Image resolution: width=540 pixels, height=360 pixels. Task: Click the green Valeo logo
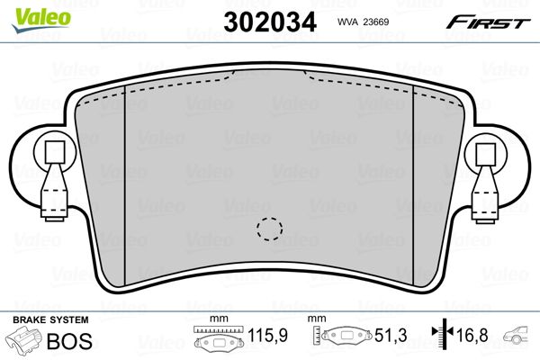[41, 21]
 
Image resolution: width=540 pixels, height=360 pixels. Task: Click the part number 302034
[270, 22]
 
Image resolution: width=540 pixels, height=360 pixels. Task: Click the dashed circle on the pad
[269, 229]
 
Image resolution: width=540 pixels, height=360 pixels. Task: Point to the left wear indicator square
[55, 152]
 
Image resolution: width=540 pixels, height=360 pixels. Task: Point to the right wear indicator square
[486, 153]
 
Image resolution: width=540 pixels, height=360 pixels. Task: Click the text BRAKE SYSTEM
[50, 319]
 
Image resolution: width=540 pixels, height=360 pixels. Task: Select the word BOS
[69, 341]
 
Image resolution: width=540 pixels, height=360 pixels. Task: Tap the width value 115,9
[268, 335]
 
